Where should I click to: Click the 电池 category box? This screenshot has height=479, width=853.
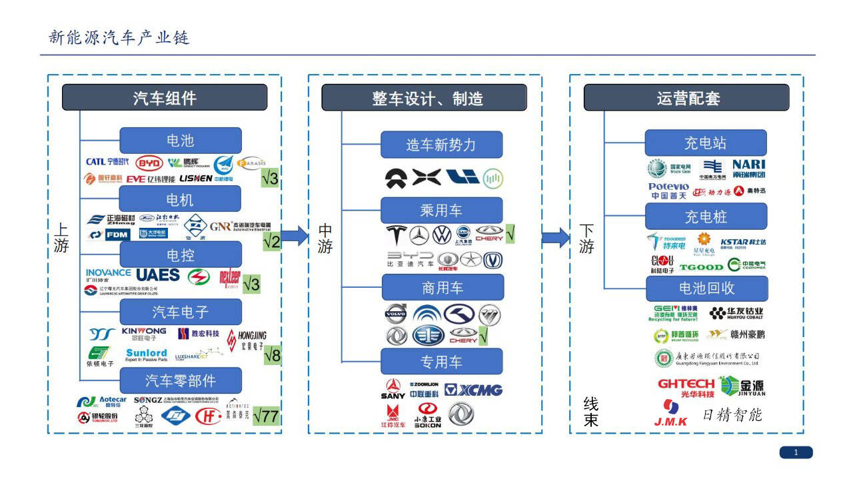click(180, 141)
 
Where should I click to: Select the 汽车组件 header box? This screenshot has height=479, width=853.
click(165, 98)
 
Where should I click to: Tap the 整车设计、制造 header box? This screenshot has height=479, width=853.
click(424, 98)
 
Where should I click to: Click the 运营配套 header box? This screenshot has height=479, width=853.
click(686, 98)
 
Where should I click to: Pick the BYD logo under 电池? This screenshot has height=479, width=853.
click(149, 163)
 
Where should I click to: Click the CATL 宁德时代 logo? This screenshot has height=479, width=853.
click(107, 162)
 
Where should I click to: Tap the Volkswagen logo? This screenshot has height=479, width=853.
click(441, 235)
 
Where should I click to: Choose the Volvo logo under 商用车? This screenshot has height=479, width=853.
click(396, 314)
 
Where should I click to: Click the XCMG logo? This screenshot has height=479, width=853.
click(474, 390)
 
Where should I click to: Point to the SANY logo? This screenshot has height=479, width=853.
click(393, 390)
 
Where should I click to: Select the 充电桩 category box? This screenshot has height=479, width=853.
click(706, 217)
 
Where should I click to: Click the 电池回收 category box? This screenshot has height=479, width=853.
click(706, 288)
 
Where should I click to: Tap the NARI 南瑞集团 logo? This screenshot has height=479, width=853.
click(748, 169)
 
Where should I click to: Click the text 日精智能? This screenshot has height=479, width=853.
click(732, 415)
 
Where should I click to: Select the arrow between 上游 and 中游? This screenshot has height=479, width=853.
click(295, 235)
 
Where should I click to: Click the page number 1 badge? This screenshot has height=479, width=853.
click(796, 453)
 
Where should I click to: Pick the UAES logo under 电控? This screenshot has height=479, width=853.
click(158, 274)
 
